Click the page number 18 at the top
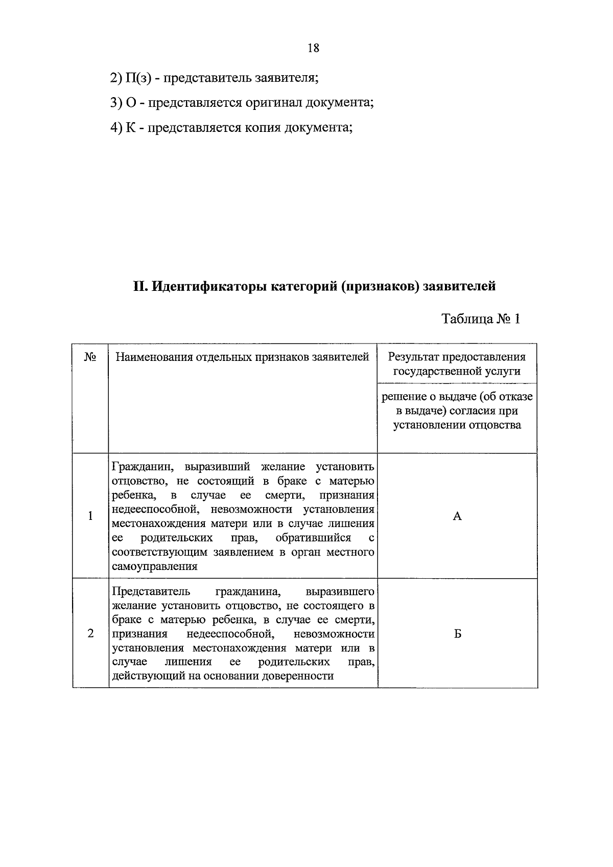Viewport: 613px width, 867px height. [x=314, y=48]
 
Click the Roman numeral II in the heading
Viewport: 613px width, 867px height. [x=139, y=286]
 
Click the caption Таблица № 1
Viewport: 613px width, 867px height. [x=481, y=319]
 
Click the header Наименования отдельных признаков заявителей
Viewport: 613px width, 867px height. [x=242, y=357]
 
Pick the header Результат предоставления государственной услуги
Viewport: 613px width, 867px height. [x=457, y=364]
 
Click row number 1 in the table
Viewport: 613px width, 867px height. [x=90, y=516]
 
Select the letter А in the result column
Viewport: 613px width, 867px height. [x=457, y=516]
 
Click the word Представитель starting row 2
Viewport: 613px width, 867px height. [x=151, y=592]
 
